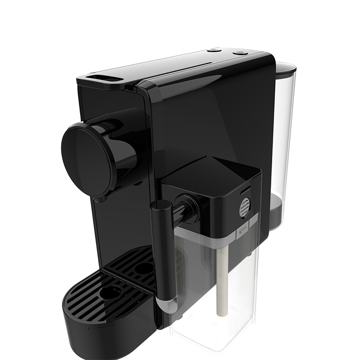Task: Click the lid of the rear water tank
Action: click(285, 67)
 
